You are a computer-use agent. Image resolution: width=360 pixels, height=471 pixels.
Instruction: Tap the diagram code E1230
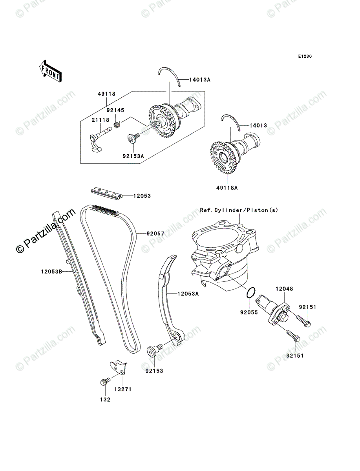[304, 57]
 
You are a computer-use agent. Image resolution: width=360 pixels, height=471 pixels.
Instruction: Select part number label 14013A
[200, 80]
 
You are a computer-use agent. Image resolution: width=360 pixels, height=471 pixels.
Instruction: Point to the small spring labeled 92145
[117, 125]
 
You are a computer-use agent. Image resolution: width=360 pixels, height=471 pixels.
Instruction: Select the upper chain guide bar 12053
[106, 192]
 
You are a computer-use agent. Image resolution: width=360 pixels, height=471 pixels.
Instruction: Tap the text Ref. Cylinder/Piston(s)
[239, 210]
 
